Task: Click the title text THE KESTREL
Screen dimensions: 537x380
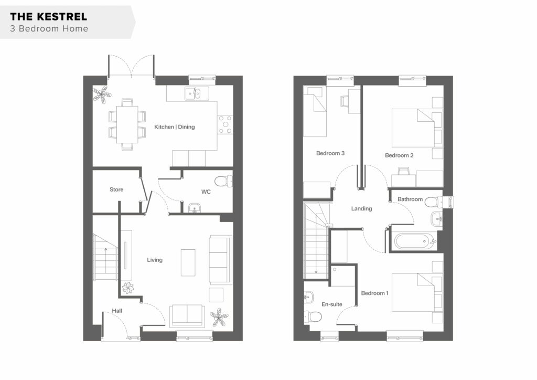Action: click(48, 16)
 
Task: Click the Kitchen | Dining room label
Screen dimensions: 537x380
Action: click(174, 127)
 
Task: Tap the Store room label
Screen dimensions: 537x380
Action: click(116, 189)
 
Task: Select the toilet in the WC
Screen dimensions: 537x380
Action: click(223, 181)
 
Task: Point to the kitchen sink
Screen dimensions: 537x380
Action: click(197, 93)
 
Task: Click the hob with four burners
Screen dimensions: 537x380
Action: click(225, 125)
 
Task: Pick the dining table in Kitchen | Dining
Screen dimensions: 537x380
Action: click(127, 124)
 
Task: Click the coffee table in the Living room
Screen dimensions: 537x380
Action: click(188, 262)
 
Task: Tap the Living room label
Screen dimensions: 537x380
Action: click(155, 260)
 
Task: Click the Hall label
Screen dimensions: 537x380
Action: click(117, 311)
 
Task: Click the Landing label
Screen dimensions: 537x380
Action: click(361, 208)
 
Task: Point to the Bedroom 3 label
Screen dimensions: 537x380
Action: click(330, 153)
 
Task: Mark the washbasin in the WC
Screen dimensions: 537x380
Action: click(195, 208)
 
